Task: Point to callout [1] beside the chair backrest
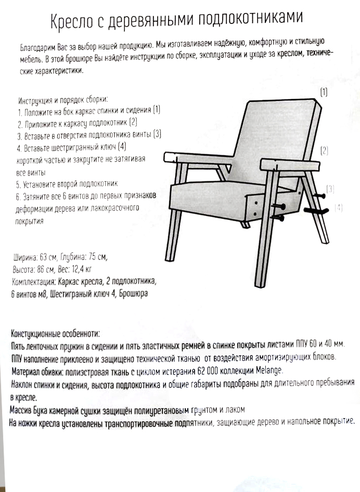[x=324, y=93]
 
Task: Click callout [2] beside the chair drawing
[x=324, y=151]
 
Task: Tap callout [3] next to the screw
[x=330, y=188]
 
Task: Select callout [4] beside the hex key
[x=339, y=207]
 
